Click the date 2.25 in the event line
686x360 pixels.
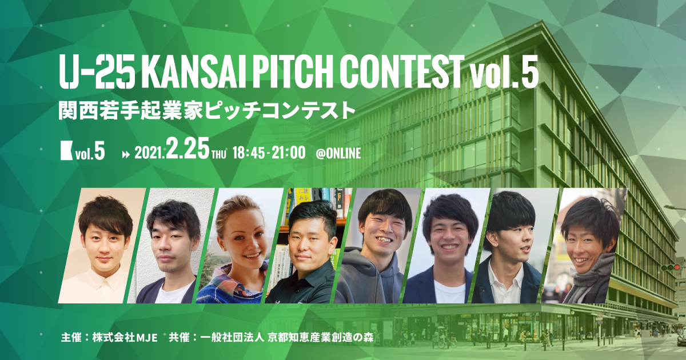click(x=188, y=151)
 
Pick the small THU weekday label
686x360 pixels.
click(x=220, y=154)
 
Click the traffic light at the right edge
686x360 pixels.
click(x=669, y=267)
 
